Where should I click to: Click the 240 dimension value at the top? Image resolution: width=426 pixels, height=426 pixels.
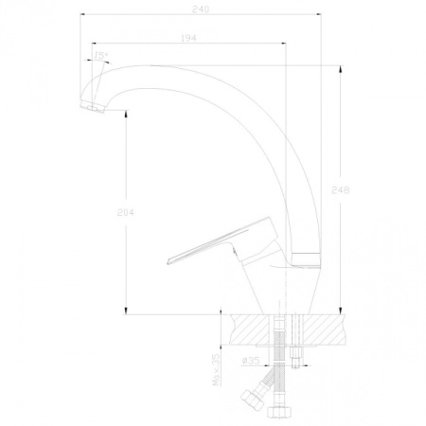click(x=201, y=9)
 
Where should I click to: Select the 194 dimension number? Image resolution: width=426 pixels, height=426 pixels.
click(x=188, y=38)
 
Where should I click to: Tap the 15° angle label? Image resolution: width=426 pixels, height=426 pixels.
click(x=100, y=56)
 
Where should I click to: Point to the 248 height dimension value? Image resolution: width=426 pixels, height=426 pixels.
click(x=341, y=190)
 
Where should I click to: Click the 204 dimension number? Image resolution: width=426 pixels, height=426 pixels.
click(x=126, y=213)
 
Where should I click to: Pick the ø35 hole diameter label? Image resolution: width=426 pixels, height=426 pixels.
click(x=251, y=361)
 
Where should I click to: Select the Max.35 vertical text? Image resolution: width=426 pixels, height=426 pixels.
click(x=217, y=369)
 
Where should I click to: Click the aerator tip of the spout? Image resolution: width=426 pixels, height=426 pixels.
click(x=93, y=106)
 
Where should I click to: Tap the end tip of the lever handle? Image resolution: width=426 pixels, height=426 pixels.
click(x=168, y=261)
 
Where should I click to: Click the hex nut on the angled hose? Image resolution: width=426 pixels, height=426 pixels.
click(x=252, y=399)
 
